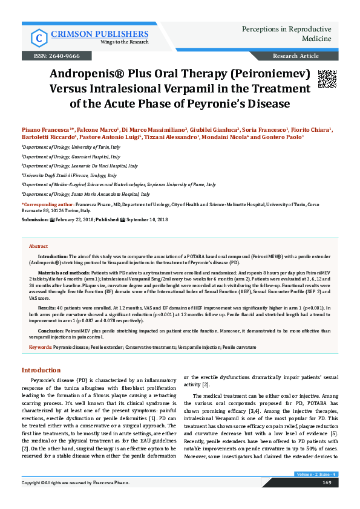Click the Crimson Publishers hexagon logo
coord(39,37)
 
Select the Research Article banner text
coord(296,56)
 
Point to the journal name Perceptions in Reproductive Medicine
coord(286,34)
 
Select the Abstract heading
coord(39,247)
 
